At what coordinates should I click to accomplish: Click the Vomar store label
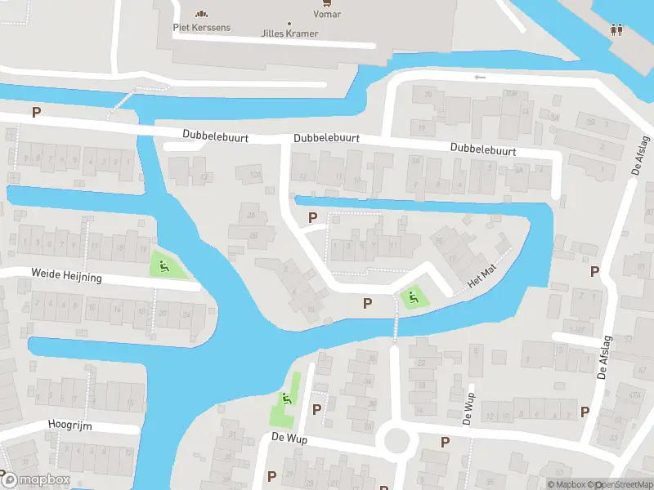(327, 15)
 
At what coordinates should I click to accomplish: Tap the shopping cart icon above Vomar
(328, 3)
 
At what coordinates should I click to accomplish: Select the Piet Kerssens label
(202, 28)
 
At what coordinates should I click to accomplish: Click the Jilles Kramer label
(289, 34)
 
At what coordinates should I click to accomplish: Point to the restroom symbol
(617, 29)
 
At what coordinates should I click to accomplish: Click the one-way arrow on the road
(480, 78)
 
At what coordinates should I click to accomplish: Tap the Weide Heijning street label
(66, 277)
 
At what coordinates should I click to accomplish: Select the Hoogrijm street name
(69, 424)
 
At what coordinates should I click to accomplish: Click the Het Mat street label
(482, 277)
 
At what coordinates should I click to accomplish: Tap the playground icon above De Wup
(286, 399)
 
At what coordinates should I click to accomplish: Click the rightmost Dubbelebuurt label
(482, 150)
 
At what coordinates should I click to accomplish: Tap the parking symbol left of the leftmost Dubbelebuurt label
(36, 112)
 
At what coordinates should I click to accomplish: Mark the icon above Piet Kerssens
(201, 13)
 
